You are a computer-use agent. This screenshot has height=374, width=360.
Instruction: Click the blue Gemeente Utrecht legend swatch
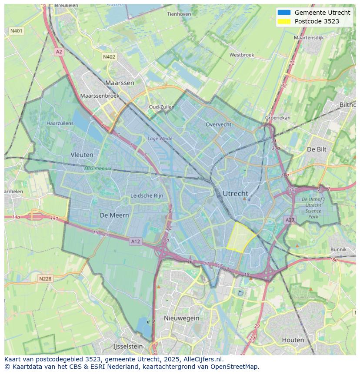coord(283,13)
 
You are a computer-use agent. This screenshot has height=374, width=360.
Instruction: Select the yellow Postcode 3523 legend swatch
coord(283,21)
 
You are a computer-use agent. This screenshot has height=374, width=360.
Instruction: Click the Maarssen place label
coord(120,82)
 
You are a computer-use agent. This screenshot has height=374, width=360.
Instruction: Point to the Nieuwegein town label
coord(181,318)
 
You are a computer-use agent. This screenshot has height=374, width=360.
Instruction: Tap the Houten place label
coord(293,340)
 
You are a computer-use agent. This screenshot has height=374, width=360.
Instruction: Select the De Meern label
coord(114,215)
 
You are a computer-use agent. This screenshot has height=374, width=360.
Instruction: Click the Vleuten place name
coord(82,154)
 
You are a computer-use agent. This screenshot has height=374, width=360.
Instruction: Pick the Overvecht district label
coord(218,124)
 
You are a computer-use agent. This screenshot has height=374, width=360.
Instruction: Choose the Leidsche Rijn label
coord(147,195)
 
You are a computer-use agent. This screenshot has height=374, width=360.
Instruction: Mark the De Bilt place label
coord(317,149)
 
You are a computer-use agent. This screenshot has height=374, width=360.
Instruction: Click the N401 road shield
coord(17,31)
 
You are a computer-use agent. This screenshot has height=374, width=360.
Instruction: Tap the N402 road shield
coord(109,57)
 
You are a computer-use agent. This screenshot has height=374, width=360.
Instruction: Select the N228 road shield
coord(46,279)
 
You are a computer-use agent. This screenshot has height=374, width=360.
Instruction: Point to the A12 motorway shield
coord(135,241)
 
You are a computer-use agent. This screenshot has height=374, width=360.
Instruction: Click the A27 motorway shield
coord(290,220)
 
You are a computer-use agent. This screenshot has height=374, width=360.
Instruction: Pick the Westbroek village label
coord(241,55)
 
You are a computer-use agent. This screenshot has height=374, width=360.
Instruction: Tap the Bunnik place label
coord(338,249)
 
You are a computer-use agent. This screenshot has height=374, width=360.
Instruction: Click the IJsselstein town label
coord(128,346)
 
